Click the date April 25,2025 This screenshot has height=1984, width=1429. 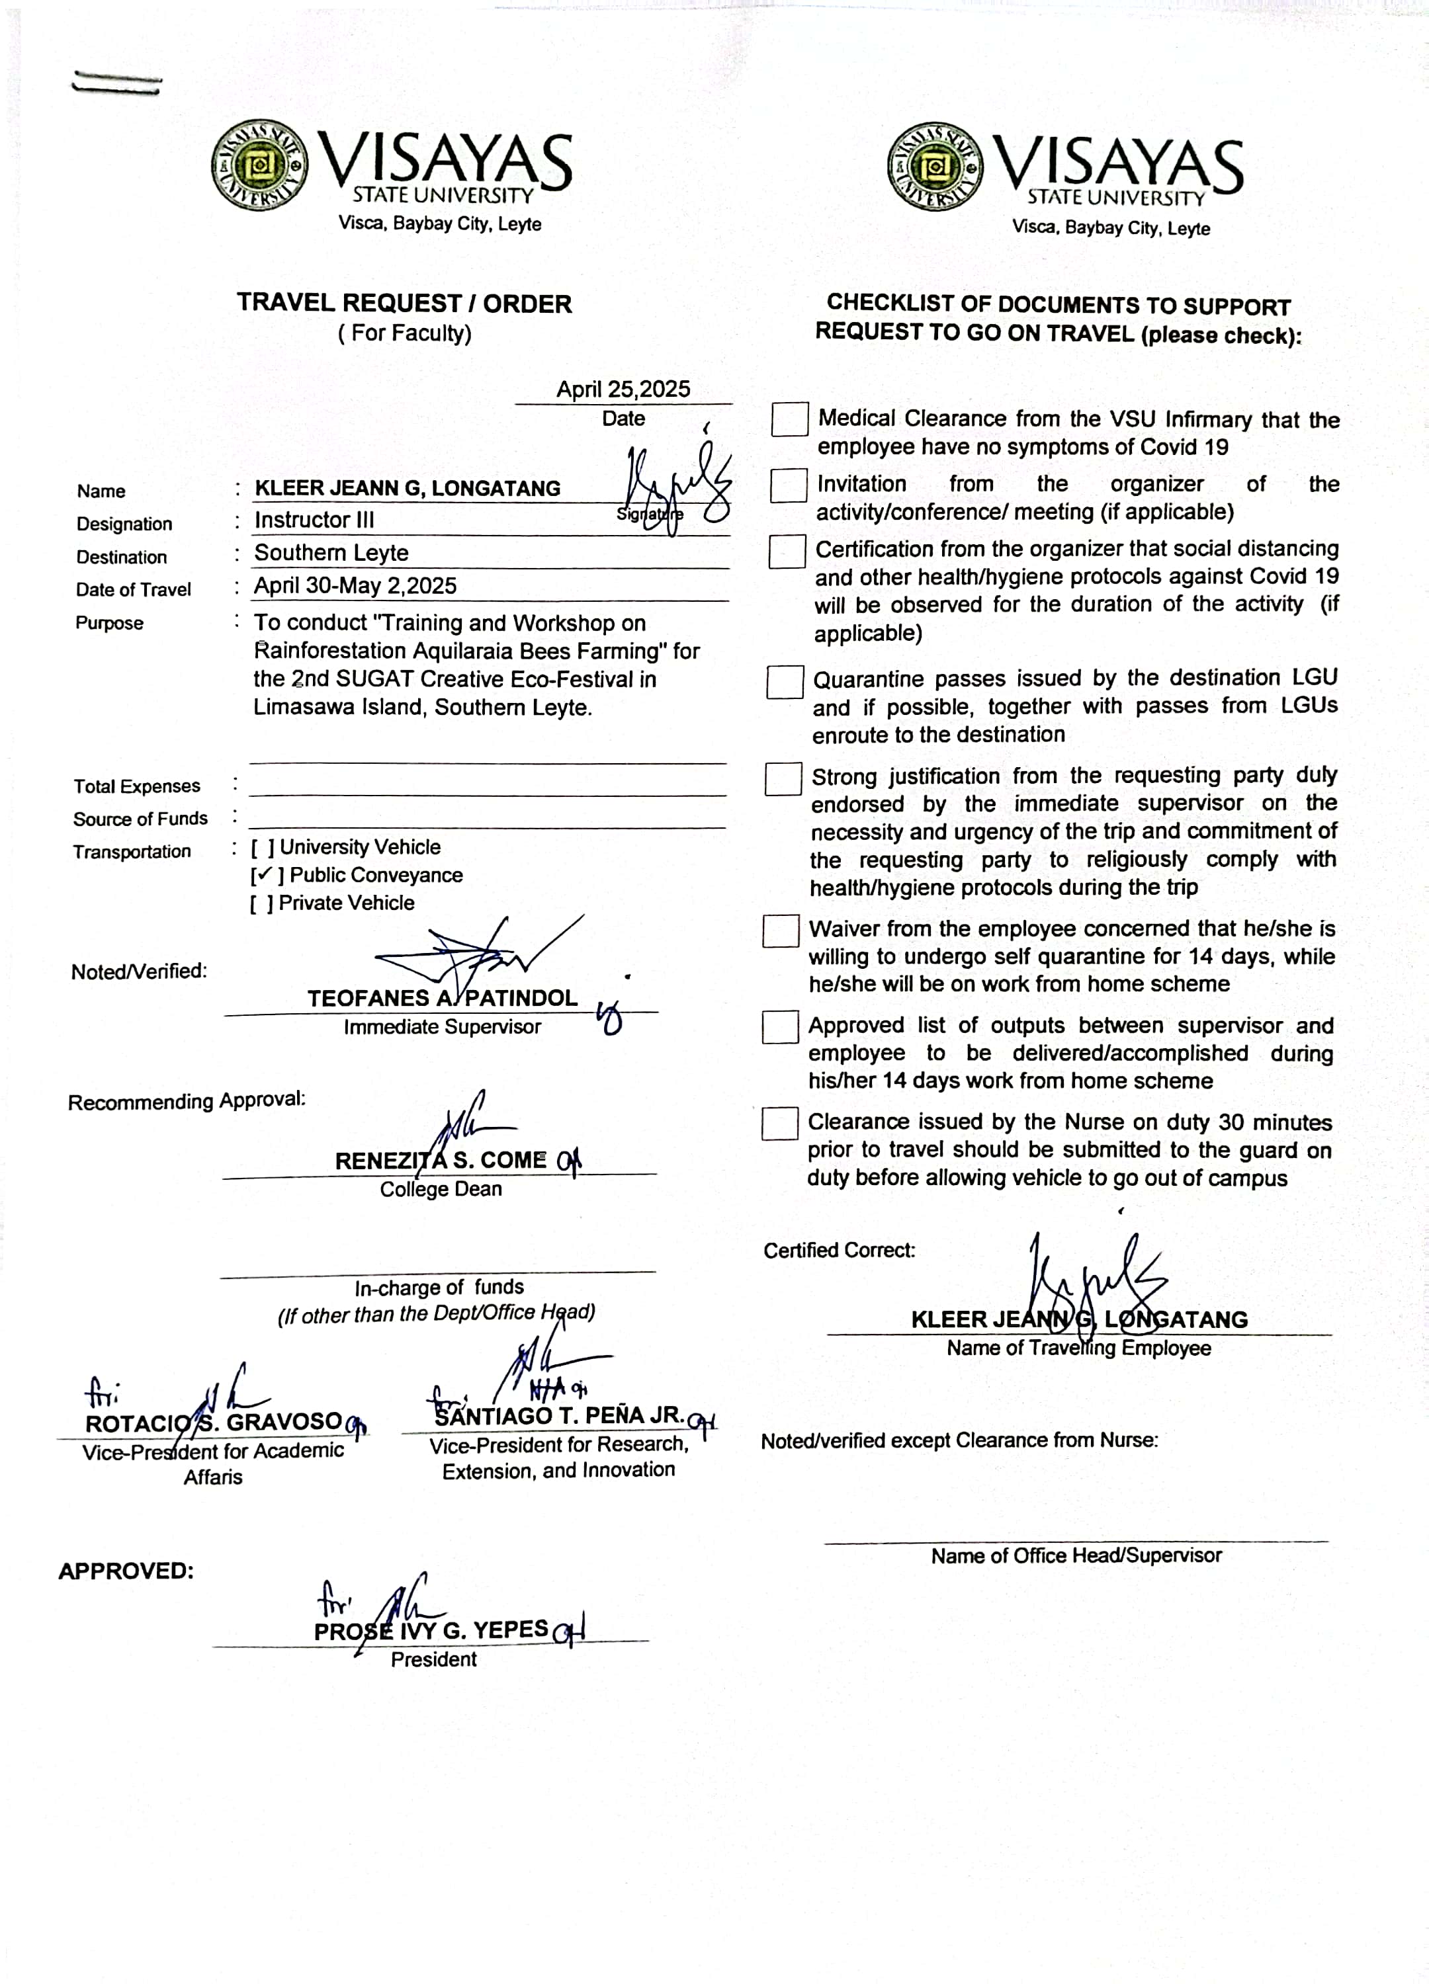[x=623, y=390]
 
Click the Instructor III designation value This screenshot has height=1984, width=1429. [x=314, y=520]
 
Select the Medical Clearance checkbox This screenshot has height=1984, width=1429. [x=789, y=419]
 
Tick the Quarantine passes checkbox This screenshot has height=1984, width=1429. [x=785, y=682]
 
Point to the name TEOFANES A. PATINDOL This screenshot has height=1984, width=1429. [x=442, y=998]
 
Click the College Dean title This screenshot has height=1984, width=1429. [x=441, y=1189]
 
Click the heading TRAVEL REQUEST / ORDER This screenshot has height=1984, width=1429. [x=404, y=304]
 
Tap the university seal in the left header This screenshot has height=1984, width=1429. [x=259, y=165]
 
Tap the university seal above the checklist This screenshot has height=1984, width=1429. [x=935, y=167]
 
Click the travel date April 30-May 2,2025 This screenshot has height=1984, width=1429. [x=355, y=585]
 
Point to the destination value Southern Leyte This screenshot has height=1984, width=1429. [x=331, y=553]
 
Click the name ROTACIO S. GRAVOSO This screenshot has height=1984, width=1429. [x=214, y=1423]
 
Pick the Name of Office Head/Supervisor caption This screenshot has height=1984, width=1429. [x=1076, y=1555]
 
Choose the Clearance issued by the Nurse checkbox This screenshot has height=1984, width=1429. [x=780, y=1124]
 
